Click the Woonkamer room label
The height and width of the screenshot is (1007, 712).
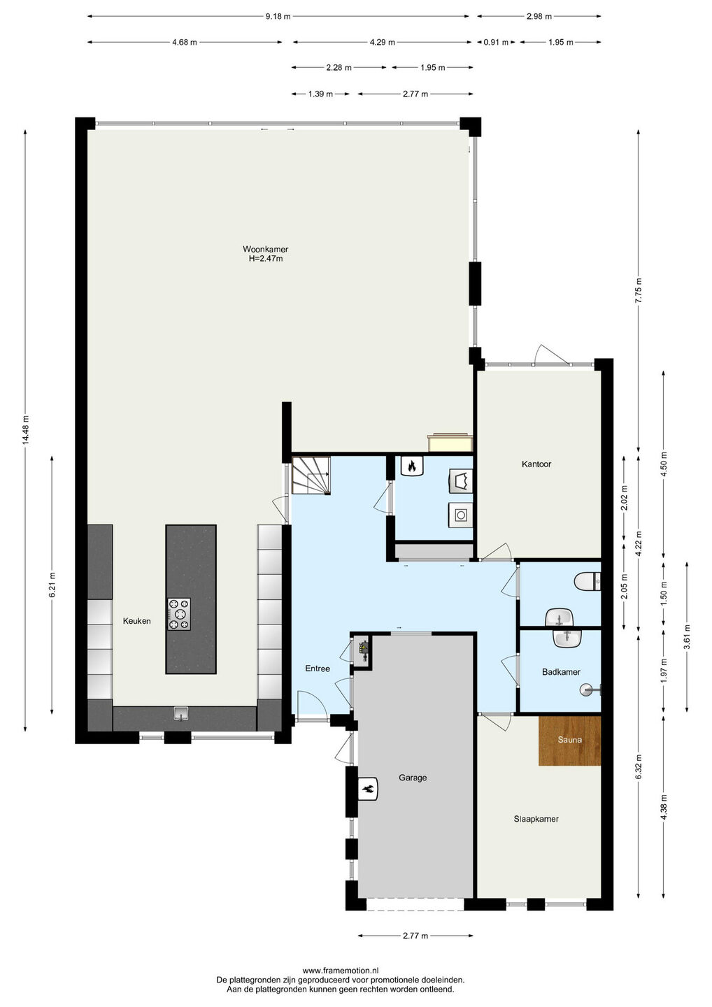click(x=265, y=249)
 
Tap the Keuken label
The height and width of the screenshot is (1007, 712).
click(x=136, y=621)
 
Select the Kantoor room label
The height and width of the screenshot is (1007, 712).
click(x=536, y=464)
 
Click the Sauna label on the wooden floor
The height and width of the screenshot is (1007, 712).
click(x=569, y=740)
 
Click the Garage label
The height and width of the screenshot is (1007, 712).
click(x=413, y=778)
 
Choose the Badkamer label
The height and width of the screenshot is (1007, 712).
click(x=561, y=672)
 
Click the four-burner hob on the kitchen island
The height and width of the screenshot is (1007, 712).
click(x=179, y=614)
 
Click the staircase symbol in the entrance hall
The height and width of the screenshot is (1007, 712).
click(x=311, y=476)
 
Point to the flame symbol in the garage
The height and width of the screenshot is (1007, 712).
click(x=368, y=790)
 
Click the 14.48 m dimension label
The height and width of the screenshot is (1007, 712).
click(x=26, y=429)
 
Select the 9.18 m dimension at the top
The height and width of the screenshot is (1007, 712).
click(x=278, y=17)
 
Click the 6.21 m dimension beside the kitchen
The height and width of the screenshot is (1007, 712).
click(x=52, y=585)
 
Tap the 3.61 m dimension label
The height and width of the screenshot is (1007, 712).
click(x=686, y=636)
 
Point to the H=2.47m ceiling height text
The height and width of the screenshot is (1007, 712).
click(x=266, y=259)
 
